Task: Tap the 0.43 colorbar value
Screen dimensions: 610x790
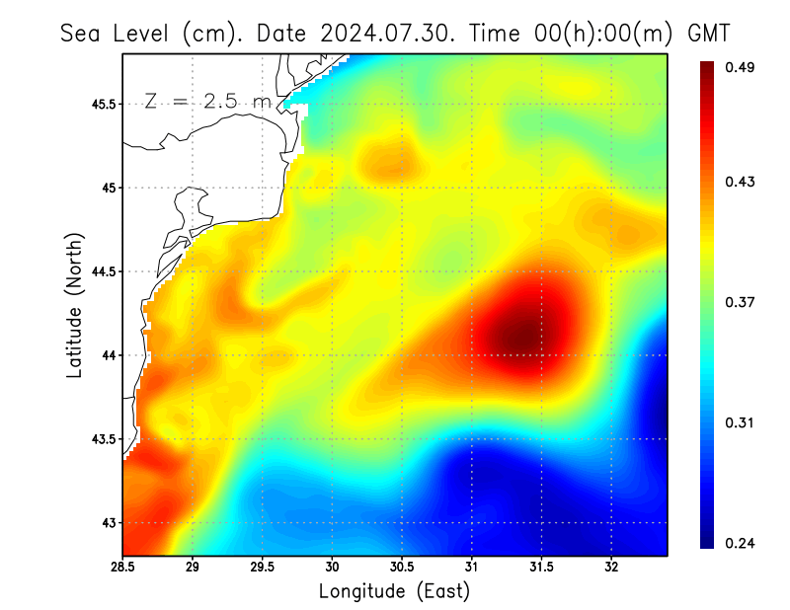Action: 741,182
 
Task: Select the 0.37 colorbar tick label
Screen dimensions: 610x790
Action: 741,302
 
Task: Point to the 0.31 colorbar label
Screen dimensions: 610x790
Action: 741,422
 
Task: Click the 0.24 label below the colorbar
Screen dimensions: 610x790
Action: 741,543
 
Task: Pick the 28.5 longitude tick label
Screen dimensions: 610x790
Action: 123,568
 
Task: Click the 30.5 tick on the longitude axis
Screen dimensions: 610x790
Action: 402,568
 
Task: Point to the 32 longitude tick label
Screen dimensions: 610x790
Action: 612,568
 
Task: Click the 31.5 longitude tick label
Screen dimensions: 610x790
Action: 541,568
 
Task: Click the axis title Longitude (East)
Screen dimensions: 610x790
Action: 394,591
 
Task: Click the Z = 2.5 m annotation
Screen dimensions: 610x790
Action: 206,101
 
